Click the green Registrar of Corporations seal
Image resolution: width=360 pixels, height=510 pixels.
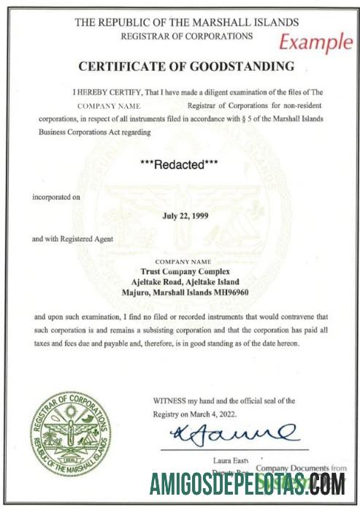point(70,433)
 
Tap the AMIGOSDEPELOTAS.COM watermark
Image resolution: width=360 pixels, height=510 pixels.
point(248,484)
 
